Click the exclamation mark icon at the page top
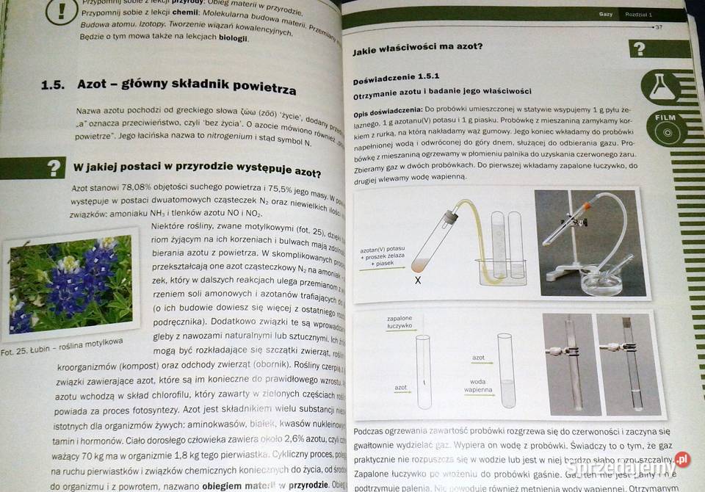[62, 12]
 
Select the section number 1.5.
[54, 84]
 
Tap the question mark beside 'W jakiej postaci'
[53, 167]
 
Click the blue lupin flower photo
[70, 286]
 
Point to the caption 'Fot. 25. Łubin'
[61, 347]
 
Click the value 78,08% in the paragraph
[121, 189]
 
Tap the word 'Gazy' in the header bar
[606, 14]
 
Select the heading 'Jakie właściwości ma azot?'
[416, 50]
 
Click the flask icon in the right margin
[659, 87]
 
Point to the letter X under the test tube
[418, 280]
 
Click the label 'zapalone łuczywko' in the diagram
[399, 322]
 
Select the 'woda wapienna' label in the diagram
[477, 386]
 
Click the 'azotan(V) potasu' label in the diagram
[383, 251]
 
